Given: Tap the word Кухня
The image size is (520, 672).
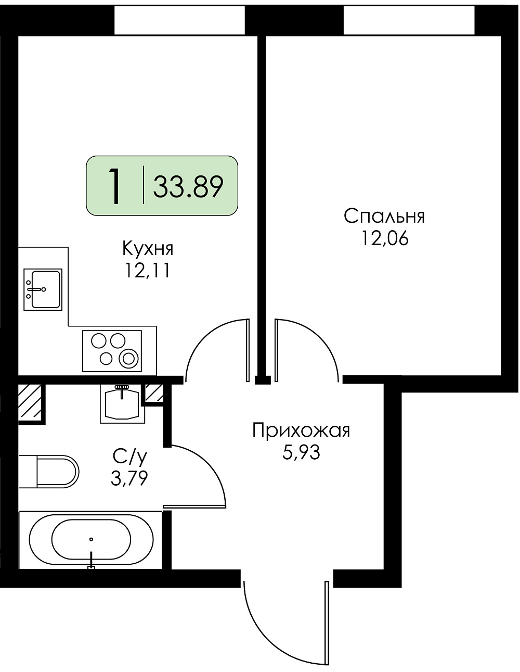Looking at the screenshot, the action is (148, 249).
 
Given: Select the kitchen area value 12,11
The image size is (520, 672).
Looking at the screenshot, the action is (147, 271).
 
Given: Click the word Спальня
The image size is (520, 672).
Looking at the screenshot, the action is (384, 216).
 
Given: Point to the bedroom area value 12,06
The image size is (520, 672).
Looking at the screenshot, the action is (385, 238).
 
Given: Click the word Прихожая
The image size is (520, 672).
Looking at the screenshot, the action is (301, 431).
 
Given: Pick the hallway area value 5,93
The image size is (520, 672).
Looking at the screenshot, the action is (301, 452).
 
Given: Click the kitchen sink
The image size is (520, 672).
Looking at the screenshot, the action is (43, 289).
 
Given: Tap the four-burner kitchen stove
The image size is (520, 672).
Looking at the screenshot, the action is (112, 351).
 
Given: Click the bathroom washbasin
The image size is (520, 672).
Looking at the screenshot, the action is (122, 403).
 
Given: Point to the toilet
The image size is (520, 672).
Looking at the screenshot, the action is (49, 472).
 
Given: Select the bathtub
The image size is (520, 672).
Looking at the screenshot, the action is (90, 540).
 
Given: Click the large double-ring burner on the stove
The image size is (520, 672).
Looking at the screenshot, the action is (128, 359).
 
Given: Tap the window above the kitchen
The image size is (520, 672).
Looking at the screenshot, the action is (179, 20).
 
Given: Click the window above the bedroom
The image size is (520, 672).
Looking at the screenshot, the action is (409, 20).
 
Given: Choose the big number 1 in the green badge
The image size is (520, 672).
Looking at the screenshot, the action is (115, 186).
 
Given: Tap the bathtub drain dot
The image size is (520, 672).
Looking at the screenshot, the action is (91, 539).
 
